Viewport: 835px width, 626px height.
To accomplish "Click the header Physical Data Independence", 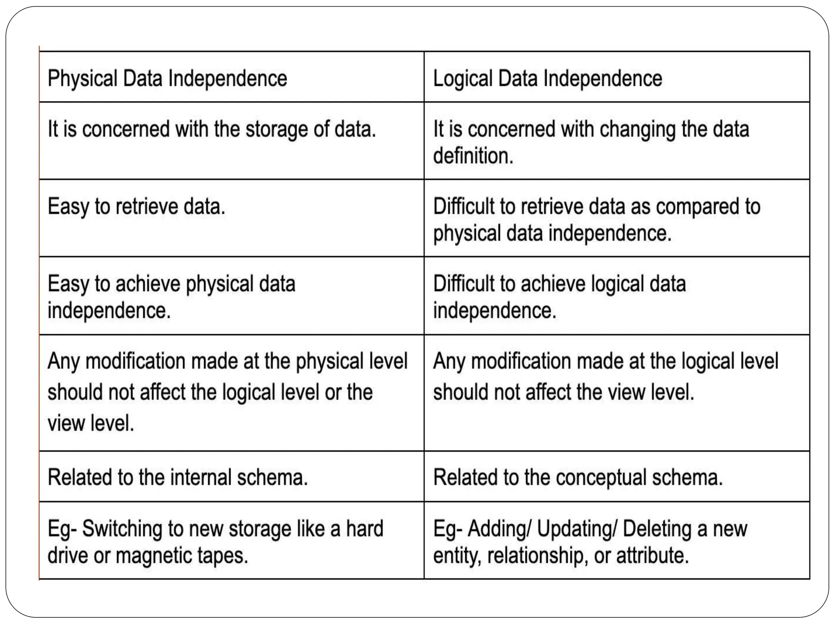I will click(x=167, y=78).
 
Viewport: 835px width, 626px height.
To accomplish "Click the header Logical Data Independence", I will click(x=547, y=78).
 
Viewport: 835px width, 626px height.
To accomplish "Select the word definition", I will click(x=473, y=156).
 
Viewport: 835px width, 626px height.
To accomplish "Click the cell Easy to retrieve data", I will click(x=136, y=207).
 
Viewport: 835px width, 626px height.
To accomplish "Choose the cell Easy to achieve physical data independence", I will click(x=171, y=297).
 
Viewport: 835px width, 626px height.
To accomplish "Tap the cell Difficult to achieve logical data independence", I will click(x=559, y=297).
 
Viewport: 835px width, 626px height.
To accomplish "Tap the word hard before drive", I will click(x=364, y=529).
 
